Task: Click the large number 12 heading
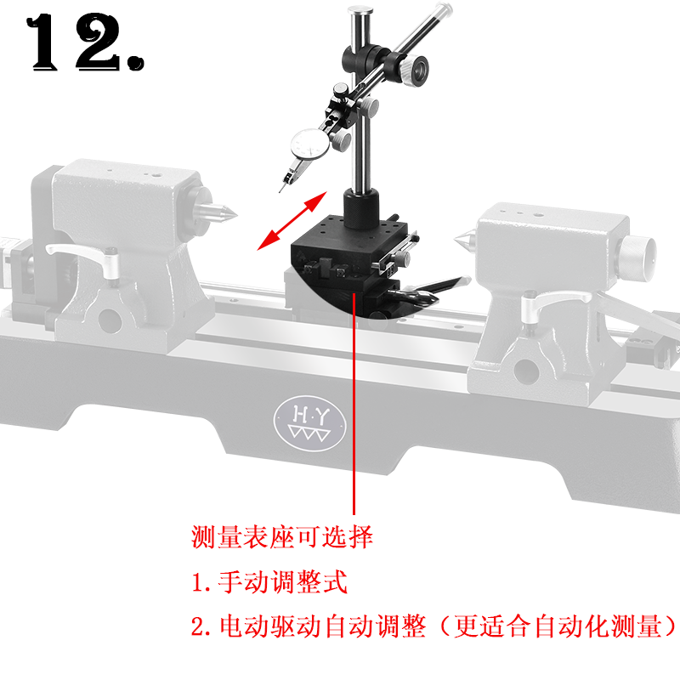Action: pyautogui.click(x=85, y=44)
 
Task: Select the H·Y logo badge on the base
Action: pyautogui.click(x=309, y=421)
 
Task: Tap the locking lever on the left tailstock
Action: pyautogui.click(x=81, y=252)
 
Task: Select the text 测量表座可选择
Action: pyautogui.click(x=282, y=537)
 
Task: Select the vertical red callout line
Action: pyautogui.click(x=353, y=408)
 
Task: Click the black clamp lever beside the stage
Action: pyautogui.click(x=429, y=289)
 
